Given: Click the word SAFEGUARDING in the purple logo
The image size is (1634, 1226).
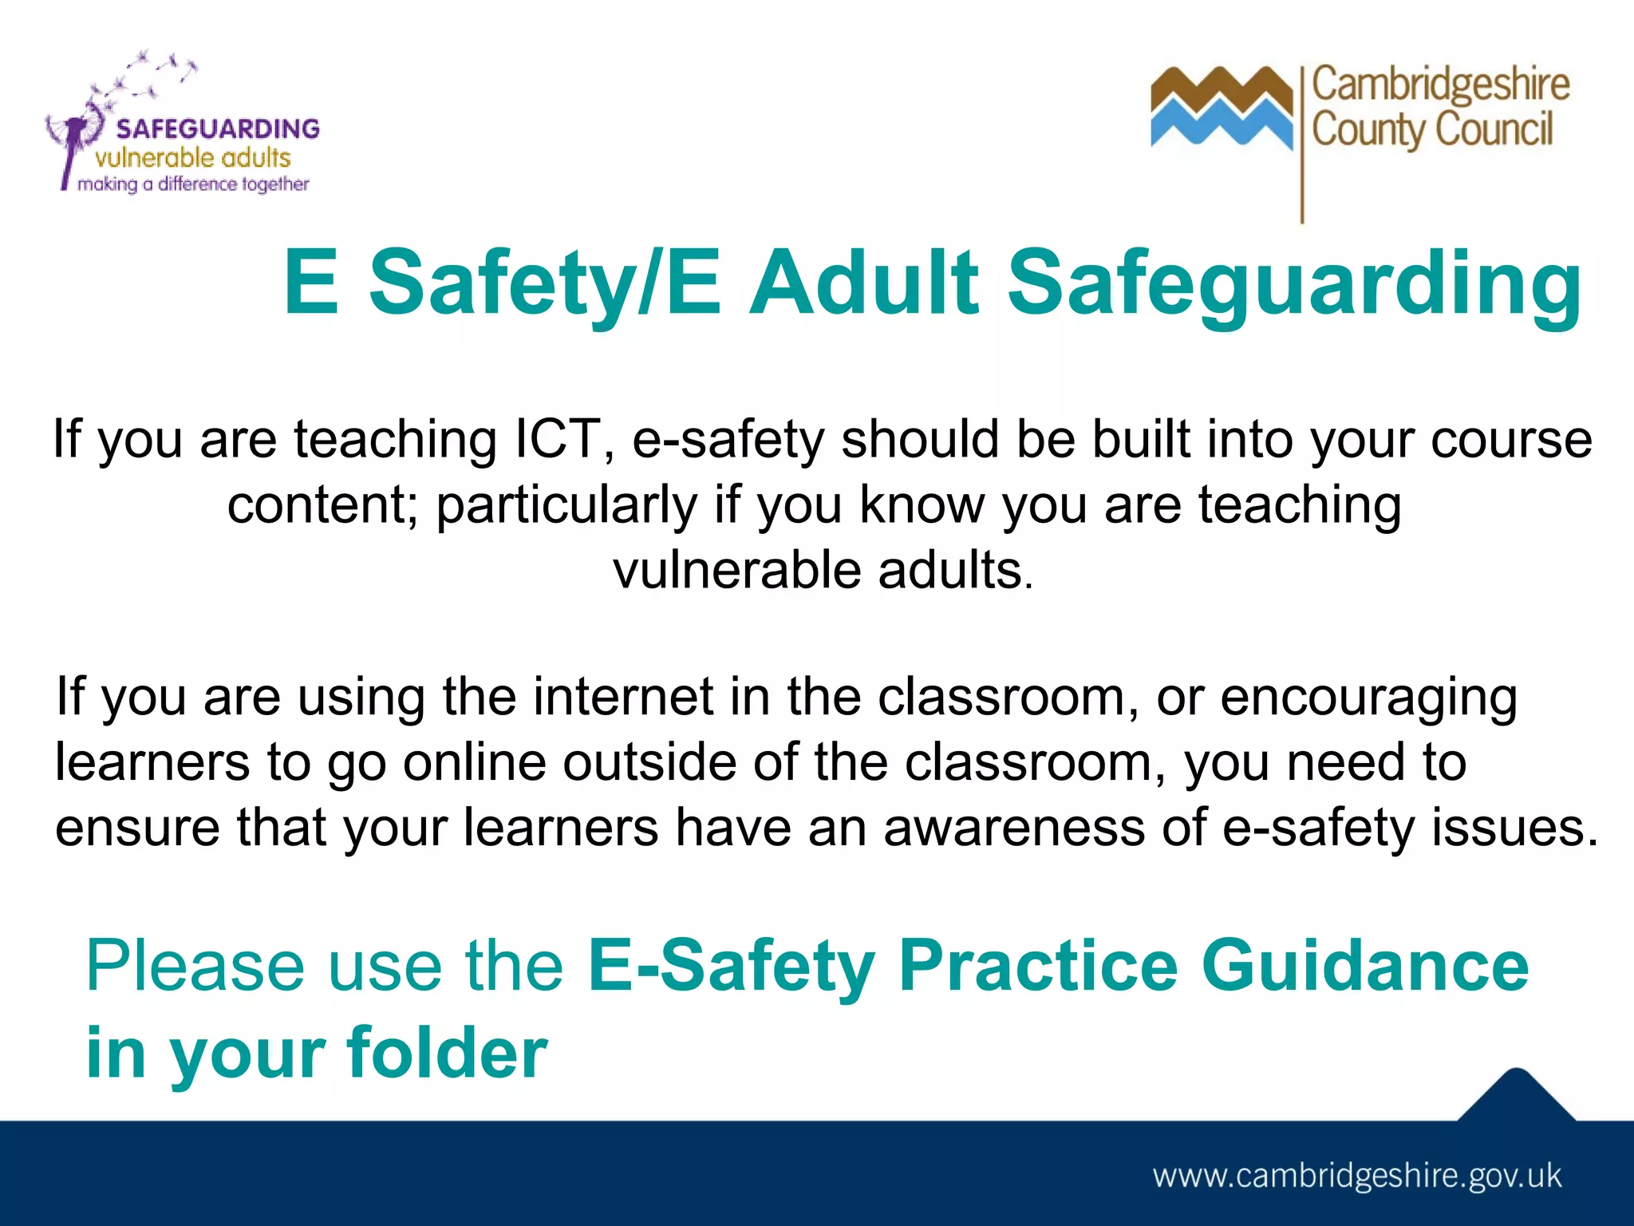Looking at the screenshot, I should point(218,129).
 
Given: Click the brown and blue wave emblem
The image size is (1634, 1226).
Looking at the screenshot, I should point(1221,108).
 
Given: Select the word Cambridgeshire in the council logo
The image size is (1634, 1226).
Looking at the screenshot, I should point(1441,85).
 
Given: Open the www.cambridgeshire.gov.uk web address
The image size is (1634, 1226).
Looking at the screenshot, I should point(1357,1177).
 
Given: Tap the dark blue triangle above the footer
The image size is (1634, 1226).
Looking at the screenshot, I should point(1517,1097).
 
